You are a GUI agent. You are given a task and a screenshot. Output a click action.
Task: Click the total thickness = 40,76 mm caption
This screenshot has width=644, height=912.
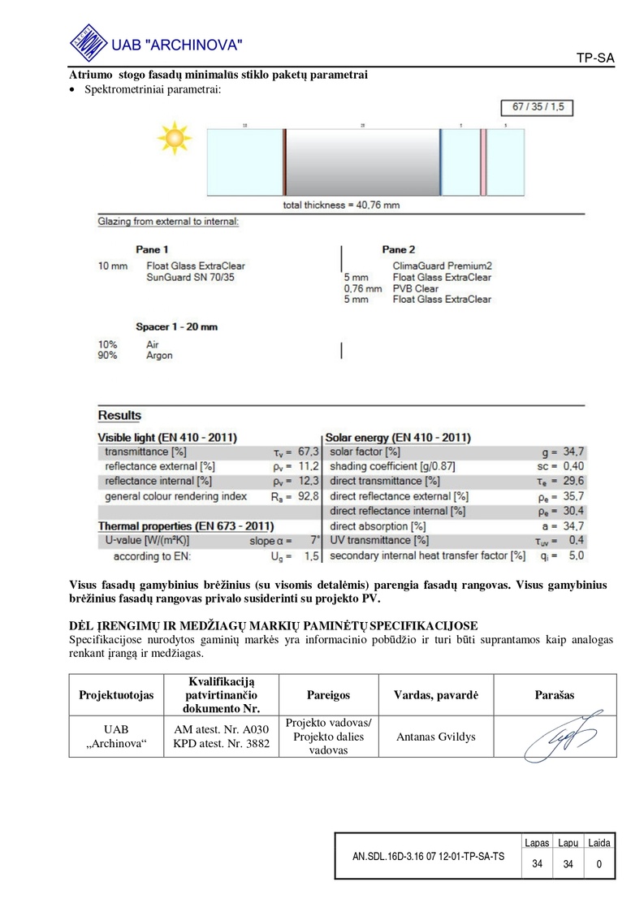(341, 205)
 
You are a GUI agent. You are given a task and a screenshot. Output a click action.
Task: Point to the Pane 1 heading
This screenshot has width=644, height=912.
(153, 250)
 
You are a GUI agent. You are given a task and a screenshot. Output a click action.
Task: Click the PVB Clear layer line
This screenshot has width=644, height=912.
(415, 288)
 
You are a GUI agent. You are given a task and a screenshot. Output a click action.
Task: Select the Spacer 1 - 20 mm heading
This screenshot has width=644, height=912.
(176, 326)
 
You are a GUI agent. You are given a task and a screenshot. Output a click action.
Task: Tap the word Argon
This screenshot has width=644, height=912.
(159, 355)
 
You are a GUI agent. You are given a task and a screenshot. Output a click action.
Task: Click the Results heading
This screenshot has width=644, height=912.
(119, 416)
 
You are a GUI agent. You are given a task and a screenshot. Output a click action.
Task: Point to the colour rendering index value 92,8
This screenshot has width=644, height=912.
(309, 495)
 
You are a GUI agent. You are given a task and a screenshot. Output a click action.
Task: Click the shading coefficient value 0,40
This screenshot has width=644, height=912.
(574, 466)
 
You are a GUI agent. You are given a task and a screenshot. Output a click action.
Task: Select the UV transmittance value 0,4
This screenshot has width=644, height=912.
(577, 541)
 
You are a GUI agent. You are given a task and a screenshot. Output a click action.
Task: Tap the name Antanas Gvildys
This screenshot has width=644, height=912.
(435, 737)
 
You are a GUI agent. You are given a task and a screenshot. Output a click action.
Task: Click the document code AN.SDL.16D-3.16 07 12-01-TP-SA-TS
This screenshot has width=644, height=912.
(428, 857)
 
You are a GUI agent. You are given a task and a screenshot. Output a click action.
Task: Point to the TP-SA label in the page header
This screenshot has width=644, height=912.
(595, 58)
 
